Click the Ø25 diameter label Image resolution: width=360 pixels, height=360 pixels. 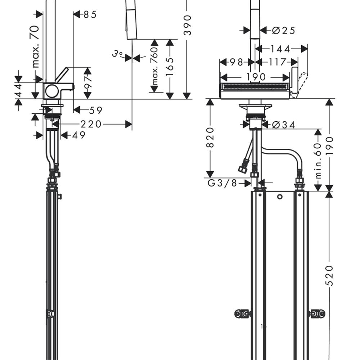(x=283, y=30)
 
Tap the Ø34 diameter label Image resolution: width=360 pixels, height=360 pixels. (x=283, y=125)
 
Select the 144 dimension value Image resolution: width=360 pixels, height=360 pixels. (x=280, y=49)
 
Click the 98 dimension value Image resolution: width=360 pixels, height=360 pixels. (x=236, y=62)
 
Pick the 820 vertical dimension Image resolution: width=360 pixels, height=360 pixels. (x=210, y=137)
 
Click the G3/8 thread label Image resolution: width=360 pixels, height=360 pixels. (x=222, y=183)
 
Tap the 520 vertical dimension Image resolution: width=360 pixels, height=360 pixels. (x=329, y=275)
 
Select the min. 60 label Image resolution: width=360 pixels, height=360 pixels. (x=318, y=161)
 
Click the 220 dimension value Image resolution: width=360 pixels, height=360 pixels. (x=91, y=124)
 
